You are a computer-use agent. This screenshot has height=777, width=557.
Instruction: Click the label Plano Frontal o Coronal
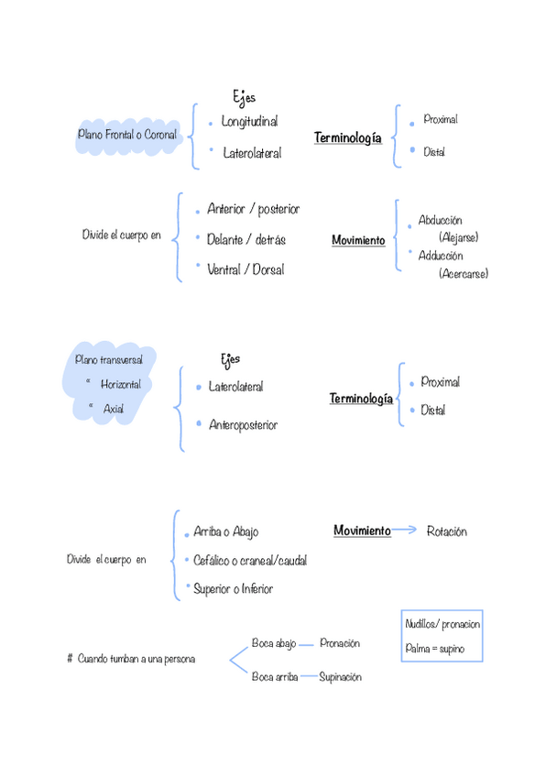coord(127,135)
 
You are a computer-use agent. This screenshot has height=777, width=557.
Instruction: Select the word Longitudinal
coord(249,121)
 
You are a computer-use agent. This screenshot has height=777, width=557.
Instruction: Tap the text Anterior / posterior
coord(254,209)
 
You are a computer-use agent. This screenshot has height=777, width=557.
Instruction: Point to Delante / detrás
coord(246,239)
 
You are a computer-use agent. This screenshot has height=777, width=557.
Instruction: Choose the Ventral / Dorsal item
coord(246,269)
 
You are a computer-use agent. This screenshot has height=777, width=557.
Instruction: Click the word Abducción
coord(440,221)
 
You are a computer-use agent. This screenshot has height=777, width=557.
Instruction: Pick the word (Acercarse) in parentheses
coord(463,273)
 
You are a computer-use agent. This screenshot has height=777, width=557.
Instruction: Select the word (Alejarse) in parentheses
coord(458,237)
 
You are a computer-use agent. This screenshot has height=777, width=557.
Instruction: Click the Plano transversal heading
coord(108,360)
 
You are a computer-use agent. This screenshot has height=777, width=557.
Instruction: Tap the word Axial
coord(114,409)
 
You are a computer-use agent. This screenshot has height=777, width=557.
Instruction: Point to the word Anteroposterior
coord(243,425)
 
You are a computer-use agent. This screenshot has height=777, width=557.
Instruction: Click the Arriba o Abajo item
coord(225,531)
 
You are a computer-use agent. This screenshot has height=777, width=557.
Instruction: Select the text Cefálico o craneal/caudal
coord(250,560)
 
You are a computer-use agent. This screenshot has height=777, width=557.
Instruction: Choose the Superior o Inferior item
coord(233,588)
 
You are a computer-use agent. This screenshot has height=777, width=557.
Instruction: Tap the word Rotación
coord(447,531)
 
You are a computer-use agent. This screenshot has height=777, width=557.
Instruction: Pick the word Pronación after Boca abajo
coord(340,643)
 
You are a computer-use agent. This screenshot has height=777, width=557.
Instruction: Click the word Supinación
coord(340,677)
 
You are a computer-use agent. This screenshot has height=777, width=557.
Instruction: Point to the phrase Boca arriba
coord(275,677)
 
